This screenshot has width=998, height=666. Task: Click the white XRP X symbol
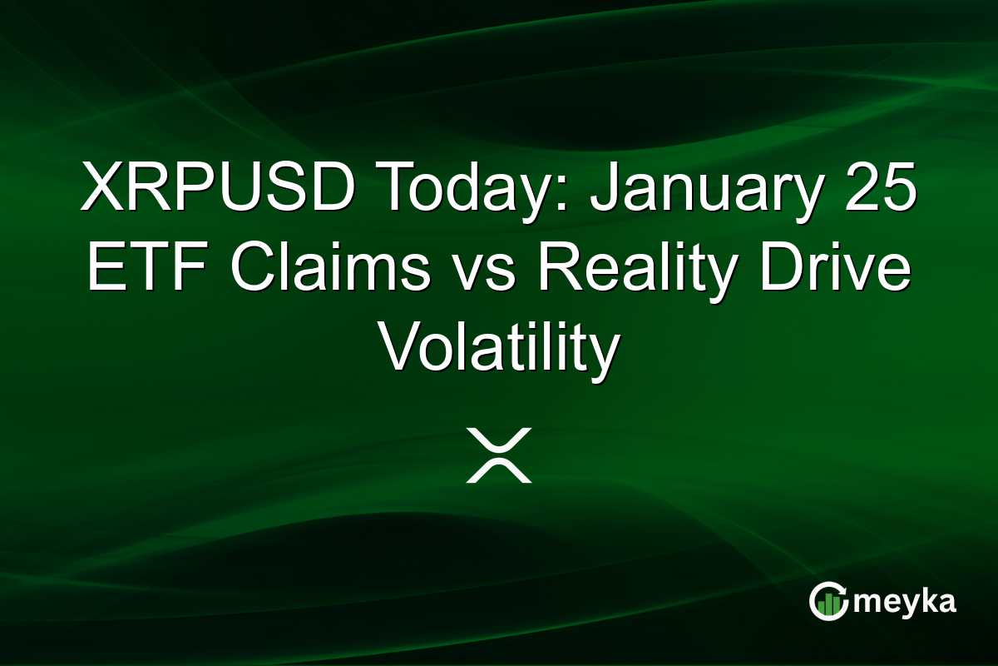[x=498, y=455]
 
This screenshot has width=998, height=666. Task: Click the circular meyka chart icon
[x=829, y=602]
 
